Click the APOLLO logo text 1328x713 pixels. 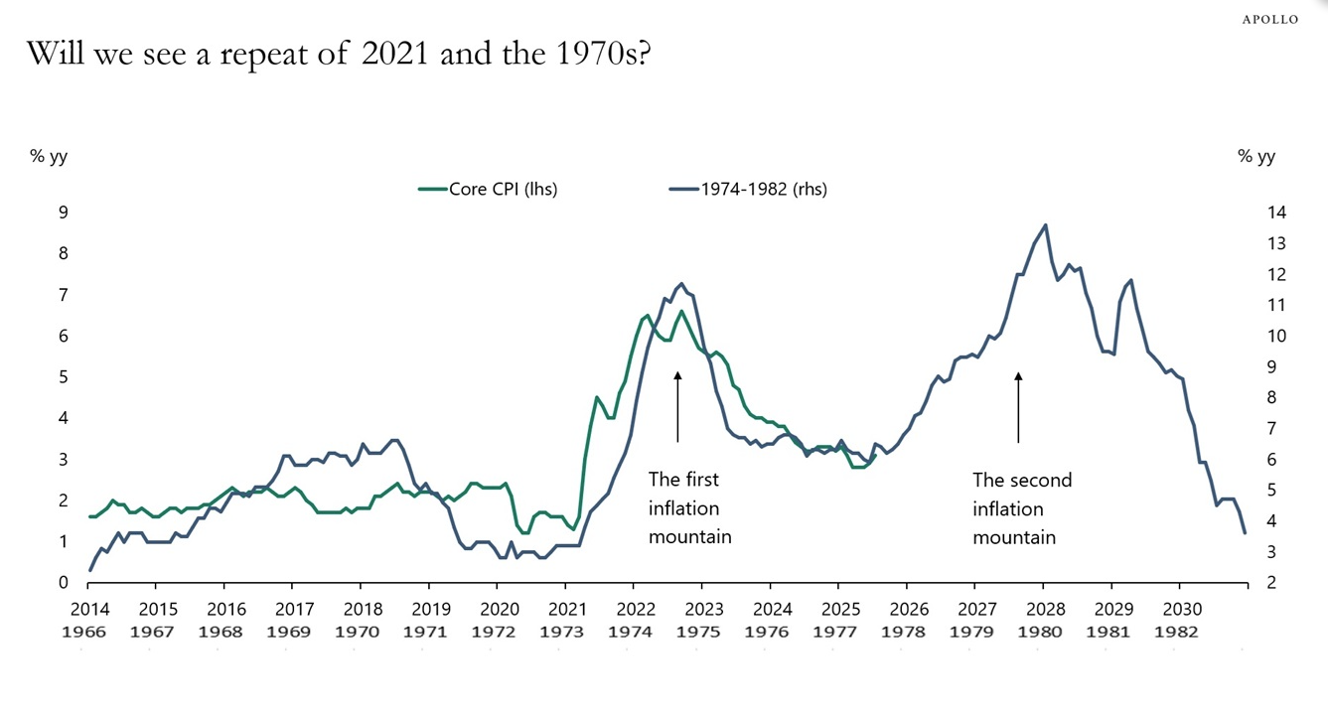(1269, 19)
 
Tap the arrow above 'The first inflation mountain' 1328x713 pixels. (677, 406)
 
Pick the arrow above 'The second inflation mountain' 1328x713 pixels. (1018, 406)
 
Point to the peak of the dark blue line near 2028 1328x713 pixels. (1045, 225)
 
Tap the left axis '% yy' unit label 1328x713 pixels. (48, 156)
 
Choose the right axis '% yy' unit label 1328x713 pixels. (1256, 156)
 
